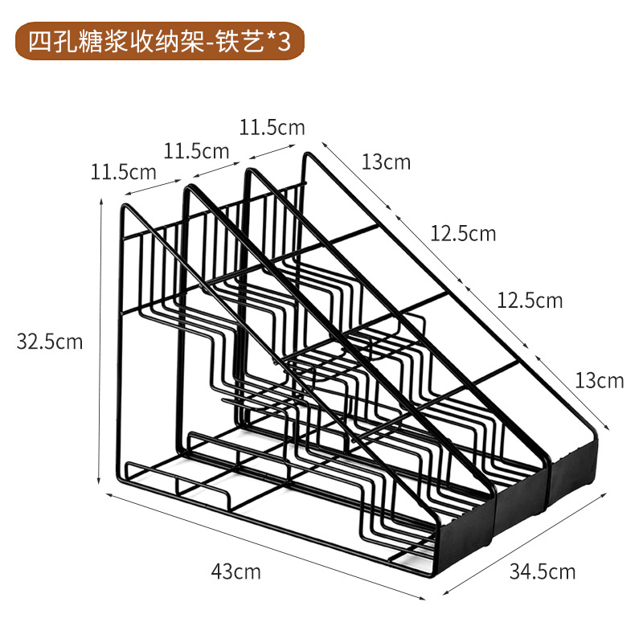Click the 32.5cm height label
(50, 342)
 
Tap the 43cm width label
(235, 572)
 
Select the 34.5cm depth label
(543, 571)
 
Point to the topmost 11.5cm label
(272, 126)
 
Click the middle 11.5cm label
(197, 150)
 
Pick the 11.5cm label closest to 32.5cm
(123, 171)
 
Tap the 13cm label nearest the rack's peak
(386, 162)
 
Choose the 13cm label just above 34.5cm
(599, 380)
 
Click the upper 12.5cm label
(463, 234)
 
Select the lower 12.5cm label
(530, 301)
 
